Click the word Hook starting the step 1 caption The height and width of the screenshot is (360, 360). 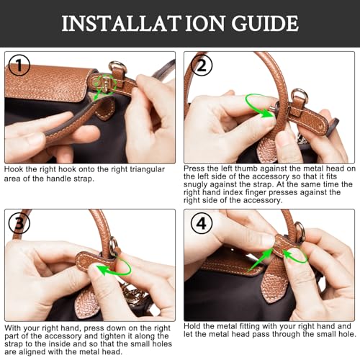coord(14,168)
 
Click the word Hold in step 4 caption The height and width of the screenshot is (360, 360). coord(194,327)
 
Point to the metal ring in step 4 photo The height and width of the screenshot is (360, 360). coord(300,232)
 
